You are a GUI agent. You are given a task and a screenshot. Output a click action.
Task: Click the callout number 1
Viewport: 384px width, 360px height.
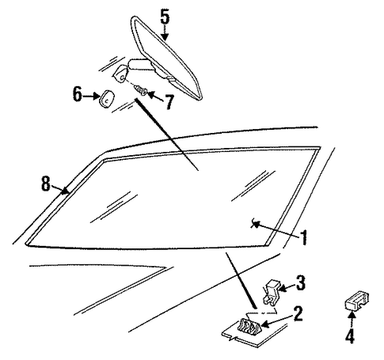click(304, 237)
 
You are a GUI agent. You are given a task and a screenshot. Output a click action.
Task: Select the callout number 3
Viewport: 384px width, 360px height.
click(300, 282)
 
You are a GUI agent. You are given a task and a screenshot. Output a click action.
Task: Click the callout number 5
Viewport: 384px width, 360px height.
click(165, 17)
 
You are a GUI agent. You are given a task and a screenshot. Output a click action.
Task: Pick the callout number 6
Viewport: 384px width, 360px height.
click(77, 94)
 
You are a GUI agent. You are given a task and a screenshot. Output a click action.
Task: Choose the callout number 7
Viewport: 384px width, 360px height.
click(169, 102)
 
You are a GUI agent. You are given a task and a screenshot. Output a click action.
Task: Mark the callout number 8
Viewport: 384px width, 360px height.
click(45, 184)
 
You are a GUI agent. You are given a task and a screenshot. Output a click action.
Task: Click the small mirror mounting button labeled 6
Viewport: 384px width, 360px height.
click(106, 99)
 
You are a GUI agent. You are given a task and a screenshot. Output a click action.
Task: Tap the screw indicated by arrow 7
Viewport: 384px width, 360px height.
click(140, 90)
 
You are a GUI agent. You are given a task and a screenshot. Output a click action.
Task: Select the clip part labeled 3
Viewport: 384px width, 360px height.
click(272, 293)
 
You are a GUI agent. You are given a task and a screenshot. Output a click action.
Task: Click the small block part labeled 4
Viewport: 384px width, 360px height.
click(356, 301)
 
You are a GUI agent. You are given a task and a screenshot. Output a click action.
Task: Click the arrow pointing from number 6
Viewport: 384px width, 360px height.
click(91, 97)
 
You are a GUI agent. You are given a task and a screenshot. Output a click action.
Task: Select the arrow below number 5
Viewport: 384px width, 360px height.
click(165, 32)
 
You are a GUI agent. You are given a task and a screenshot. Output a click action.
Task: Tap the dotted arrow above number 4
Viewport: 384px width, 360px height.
click(352, 320)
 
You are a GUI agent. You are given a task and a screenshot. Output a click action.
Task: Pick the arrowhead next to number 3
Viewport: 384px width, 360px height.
click(282, 289)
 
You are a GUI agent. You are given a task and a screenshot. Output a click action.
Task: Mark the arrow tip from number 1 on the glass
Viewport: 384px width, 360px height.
click(253, 224)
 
